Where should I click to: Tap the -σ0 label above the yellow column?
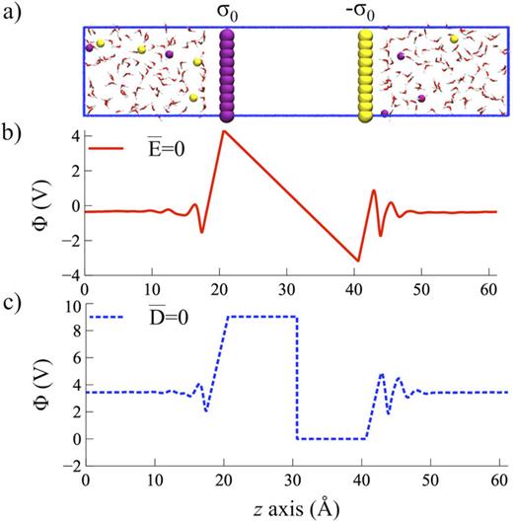coord(367,13)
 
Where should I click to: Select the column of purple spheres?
coord(228,75)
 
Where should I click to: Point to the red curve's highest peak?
coord(225,131)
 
